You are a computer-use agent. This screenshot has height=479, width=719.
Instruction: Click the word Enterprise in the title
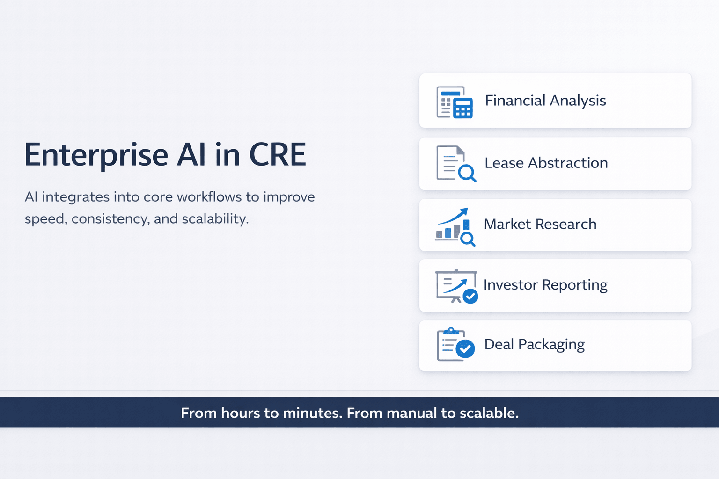coord(96,155)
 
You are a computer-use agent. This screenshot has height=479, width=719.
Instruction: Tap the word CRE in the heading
coord(278,155)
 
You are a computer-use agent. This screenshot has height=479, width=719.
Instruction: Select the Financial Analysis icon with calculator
coord(455,102)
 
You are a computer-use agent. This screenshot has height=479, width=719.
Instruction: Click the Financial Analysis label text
coord(545,101)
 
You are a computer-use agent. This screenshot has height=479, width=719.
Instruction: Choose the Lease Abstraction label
coord(546,163)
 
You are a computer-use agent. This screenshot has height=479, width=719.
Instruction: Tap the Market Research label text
coord(540,224)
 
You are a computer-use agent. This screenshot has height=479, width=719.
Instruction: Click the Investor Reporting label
coord(545,285)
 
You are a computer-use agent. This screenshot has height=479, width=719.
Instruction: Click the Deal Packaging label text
coord(534,344)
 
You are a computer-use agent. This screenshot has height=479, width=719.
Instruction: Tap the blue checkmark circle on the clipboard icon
coord(465,348)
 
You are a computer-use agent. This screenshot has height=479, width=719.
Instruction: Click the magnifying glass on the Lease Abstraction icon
coord(467,174)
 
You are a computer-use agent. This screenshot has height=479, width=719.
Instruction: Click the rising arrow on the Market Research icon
coord(454,216)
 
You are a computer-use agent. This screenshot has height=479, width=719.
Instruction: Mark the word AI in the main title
coord(191,155)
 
